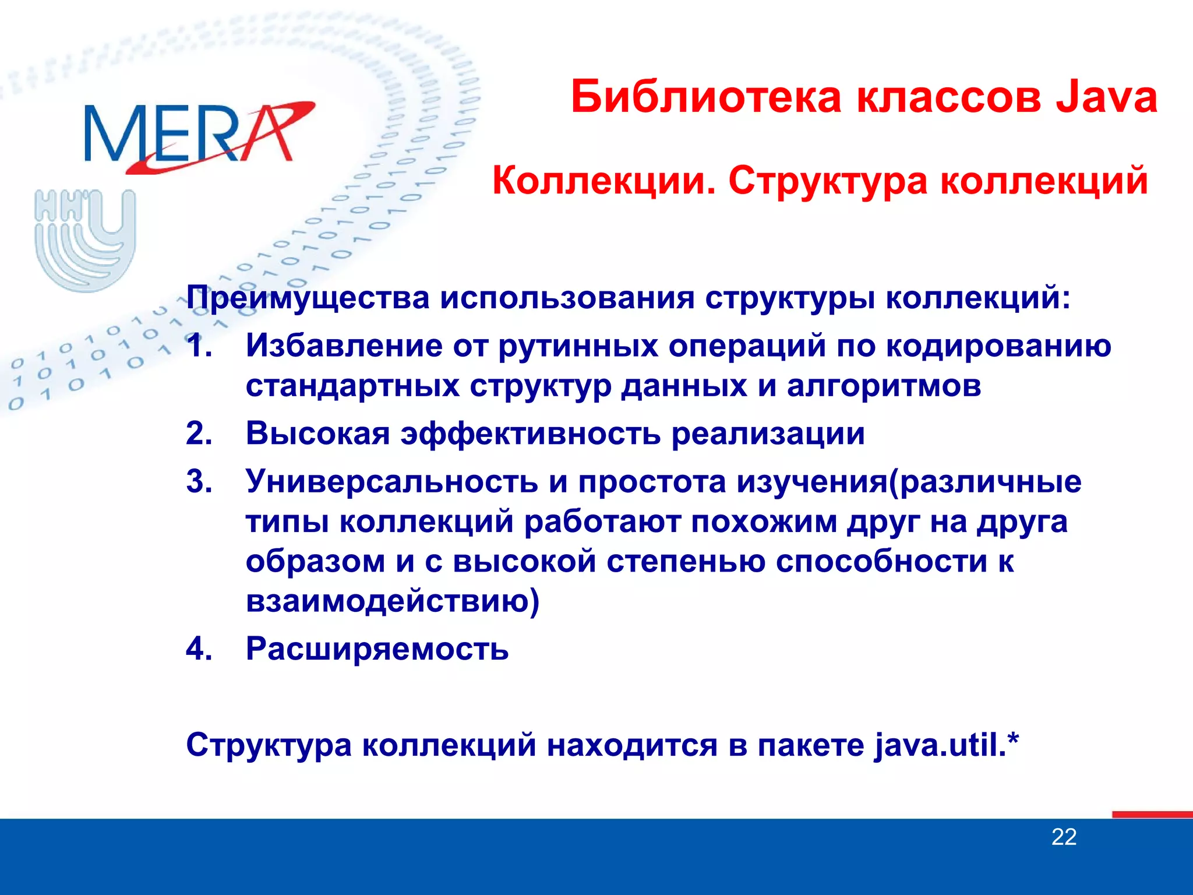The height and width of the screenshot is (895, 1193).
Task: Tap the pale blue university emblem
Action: click(x=85, y=239)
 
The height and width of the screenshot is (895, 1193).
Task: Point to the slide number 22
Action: click(x=1064, y=837)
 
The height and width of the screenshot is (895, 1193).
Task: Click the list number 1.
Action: click(x=198, y=346)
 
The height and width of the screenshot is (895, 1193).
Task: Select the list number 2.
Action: click(x=199, y=434)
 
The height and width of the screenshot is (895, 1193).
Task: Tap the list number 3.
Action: click(x=199, y=482)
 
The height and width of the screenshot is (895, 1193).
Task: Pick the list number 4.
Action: click(x=199, y=649)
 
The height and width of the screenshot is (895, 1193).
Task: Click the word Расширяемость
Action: click(x=377, y=649)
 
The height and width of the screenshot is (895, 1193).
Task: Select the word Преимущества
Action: click(x=308, y=298)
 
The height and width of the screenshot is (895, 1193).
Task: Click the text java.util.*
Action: click(x=947, y=745)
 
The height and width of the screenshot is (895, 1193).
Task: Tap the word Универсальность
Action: click(x=391, y=482)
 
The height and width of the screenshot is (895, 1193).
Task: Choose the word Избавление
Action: click(x=344, y=346)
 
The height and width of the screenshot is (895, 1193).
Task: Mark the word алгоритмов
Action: click(x=884, y=386)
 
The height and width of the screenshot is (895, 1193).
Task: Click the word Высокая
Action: click(x=317, y=434)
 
